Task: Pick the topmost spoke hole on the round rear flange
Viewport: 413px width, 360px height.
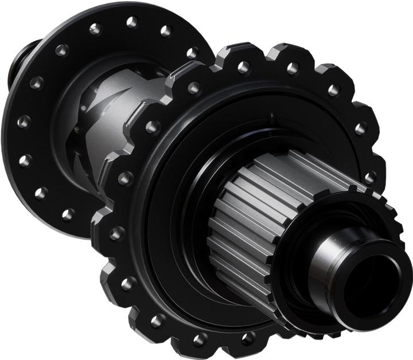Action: [x=132, y=22]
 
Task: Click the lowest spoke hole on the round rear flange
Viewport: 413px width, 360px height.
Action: [x=68, y=214]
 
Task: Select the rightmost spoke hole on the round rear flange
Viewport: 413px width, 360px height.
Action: [x=193, y=53]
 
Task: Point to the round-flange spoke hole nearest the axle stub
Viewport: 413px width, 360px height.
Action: [x=36, y=83]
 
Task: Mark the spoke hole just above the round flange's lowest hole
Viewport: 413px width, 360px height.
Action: [x=41, y=193]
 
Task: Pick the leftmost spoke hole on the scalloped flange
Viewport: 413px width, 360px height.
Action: [x=117, y=233]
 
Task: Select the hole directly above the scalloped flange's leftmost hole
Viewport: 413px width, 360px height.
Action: [x=125, y=178]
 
